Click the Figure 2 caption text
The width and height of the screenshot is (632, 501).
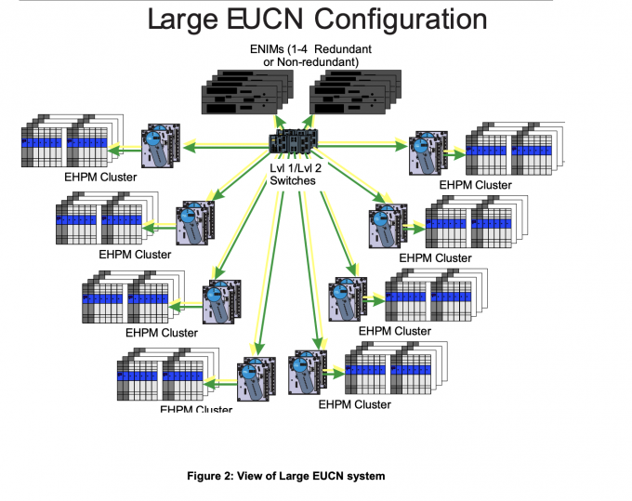[285, 476]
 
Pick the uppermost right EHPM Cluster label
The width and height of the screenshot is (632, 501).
[475, 184]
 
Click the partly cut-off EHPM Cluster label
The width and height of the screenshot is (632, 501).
[196, 407]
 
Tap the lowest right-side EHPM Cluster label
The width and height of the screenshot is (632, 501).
[354, 404]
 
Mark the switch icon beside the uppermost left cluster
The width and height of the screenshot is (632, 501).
[159, 148]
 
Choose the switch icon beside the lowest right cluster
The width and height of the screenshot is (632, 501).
[309, 371]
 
